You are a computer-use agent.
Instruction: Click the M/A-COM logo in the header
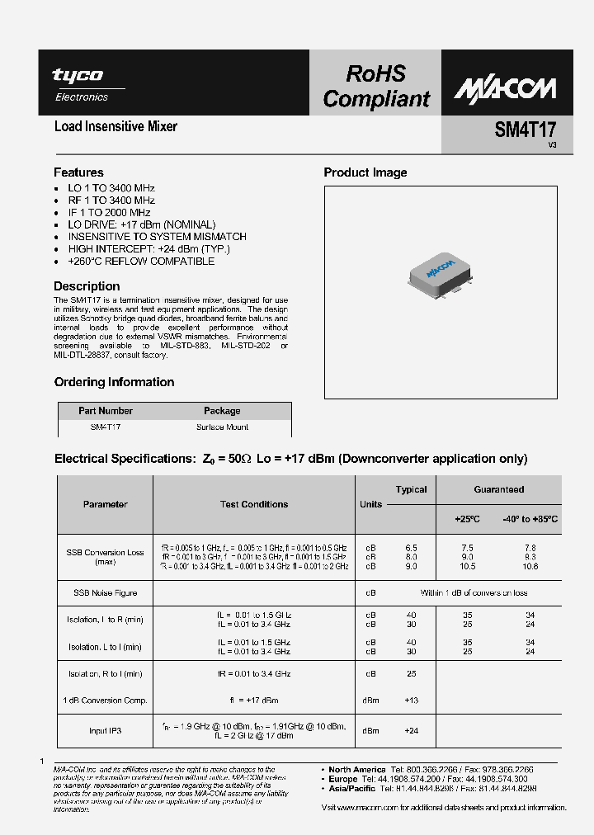(x=505, y=89)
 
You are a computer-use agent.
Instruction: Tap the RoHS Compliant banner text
(x=376, y=87)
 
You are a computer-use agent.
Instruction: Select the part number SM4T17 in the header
(x=525, y=130)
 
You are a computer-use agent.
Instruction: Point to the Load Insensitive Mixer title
(x=115, y=127)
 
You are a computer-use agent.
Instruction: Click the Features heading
(x=78, y=172)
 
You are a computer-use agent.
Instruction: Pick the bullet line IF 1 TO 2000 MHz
(x=109, y=212)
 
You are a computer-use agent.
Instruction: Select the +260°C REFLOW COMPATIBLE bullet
(x=141, y=261)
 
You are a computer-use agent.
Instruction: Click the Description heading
(x=87, y=286)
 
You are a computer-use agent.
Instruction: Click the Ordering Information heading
(x=114, y=382)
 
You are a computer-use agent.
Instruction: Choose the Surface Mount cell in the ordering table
(x=222, y=427)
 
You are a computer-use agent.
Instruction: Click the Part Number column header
(x=105, y=411)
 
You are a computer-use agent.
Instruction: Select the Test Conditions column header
(x=254, y=504)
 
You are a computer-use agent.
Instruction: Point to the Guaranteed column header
(x=498, y=489)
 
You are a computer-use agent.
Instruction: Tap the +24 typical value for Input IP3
(x=411, y=731)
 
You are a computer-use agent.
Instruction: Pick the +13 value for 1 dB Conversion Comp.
(x=411, y=701)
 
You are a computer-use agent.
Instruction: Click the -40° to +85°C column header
(x=530, y=519)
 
